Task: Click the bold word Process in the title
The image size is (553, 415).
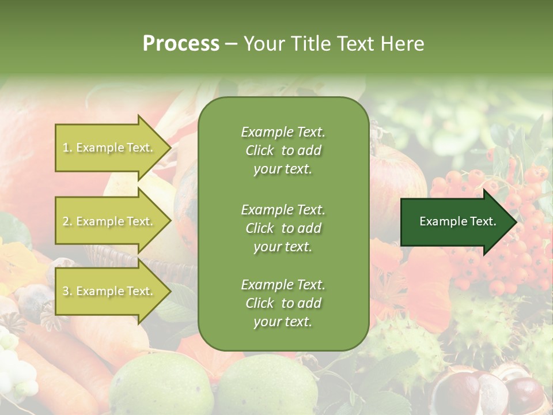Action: pos(181,44)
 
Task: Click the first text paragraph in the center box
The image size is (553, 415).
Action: pos(283,150)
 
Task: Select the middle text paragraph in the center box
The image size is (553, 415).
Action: pos(283,228)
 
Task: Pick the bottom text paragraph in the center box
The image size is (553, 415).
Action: pos(283,303)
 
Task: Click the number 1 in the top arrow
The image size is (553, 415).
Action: pos(66,148)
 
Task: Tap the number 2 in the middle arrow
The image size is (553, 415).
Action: pos(66,221)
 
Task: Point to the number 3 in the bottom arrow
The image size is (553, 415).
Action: pos(66,292)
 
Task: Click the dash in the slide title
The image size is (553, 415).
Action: pos(231,44)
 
